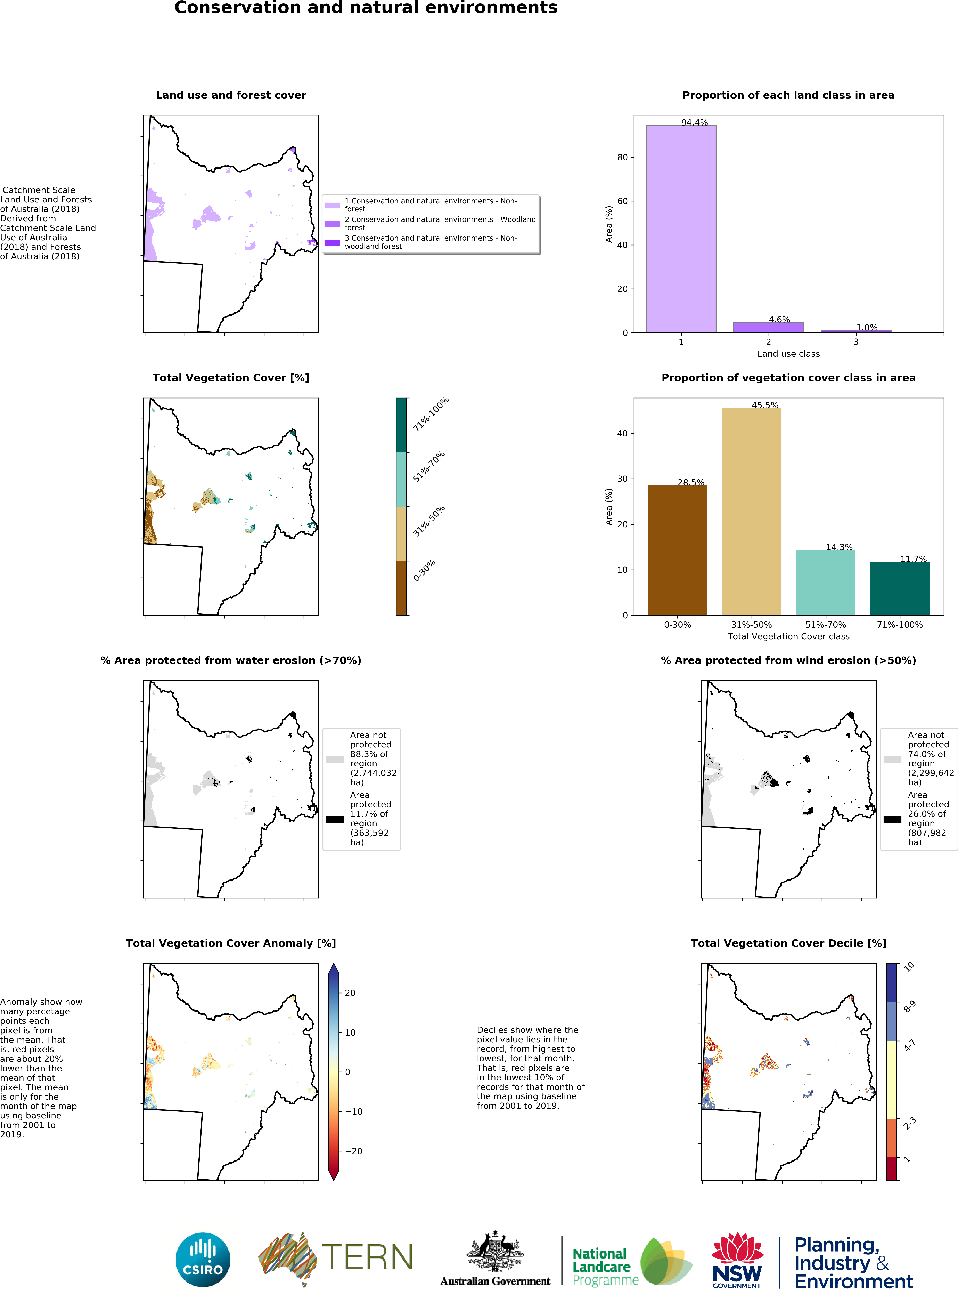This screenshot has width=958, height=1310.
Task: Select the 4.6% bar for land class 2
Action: pos(768,327)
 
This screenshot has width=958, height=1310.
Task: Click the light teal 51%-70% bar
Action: pos(825,582)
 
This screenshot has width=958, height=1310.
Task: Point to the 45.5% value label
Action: pos(765,405)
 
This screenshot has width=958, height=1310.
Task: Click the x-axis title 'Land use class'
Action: pos(788,354)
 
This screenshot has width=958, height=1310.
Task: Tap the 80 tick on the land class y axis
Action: pos(622,157)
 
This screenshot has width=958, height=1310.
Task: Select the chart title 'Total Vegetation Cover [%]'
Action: pos(231,378)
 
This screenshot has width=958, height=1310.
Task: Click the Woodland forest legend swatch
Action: pos(332,224)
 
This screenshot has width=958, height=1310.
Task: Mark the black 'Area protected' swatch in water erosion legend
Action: pos(335,819)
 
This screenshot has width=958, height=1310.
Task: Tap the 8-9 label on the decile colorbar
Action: pos(909,1007)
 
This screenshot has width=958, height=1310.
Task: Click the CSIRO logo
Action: pos(203,1260)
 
